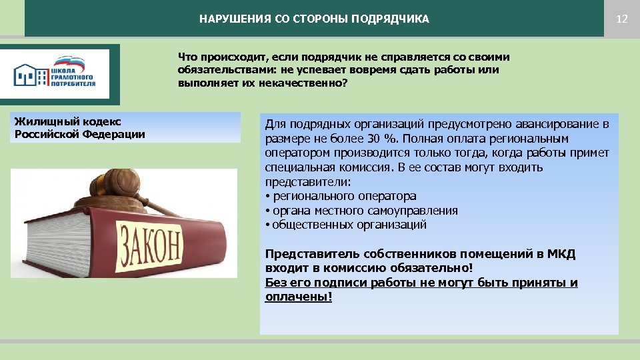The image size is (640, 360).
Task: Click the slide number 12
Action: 622,19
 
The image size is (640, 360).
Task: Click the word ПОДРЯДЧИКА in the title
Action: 395,19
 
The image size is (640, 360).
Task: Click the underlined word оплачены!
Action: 298,297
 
